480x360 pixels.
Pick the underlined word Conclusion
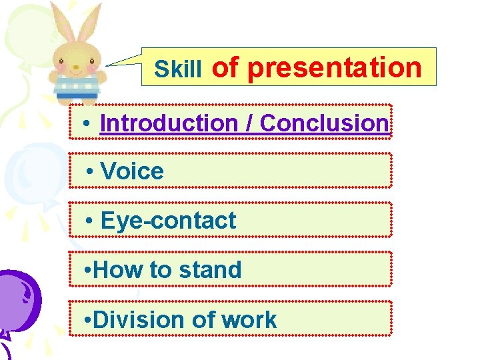pos(324,123)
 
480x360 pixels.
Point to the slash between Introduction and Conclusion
pos(251,123)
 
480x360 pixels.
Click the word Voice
pos(132,171)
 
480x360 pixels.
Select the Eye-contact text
pos(168,221)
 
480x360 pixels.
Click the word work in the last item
pos(249,319)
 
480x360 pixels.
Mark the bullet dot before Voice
pos(91,172)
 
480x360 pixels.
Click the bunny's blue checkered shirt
pos(76,86)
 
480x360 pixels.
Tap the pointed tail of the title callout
pos(113,64)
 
